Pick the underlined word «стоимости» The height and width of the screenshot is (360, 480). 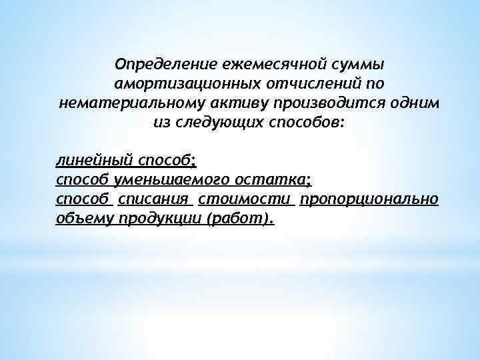point(246,199)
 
